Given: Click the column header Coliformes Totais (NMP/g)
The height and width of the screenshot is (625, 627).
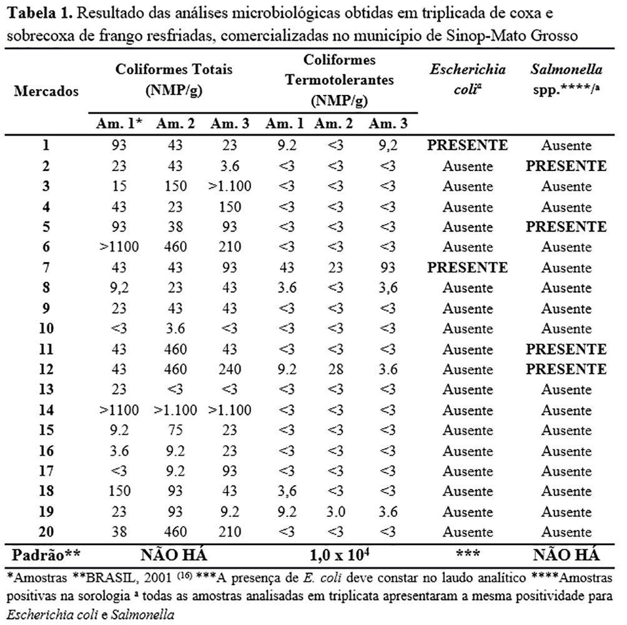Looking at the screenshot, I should [174, 79].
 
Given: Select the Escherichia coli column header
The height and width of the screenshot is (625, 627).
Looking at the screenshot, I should [468, 79].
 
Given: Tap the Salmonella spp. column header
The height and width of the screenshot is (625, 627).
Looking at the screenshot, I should [566, 79].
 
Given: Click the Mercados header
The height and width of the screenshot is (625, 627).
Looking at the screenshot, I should [46, 91].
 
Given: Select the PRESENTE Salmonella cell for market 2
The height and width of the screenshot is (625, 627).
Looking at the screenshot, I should [566, 166].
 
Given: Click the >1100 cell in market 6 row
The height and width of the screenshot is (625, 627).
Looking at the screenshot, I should [119, 247].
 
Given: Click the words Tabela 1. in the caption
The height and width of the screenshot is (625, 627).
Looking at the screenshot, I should [35, 14].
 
